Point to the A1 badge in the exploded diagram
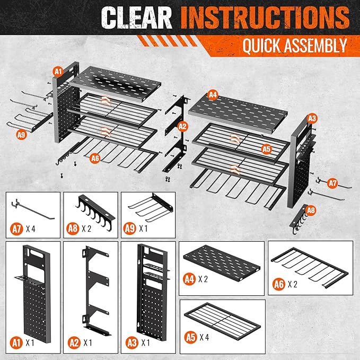57,71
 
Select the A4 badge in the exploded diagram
213,95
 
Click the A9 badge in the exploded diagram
21,134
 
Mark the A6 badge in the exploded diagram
95,157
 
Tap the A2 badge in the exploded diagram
182,126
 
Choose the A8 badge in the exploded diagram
311,210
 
